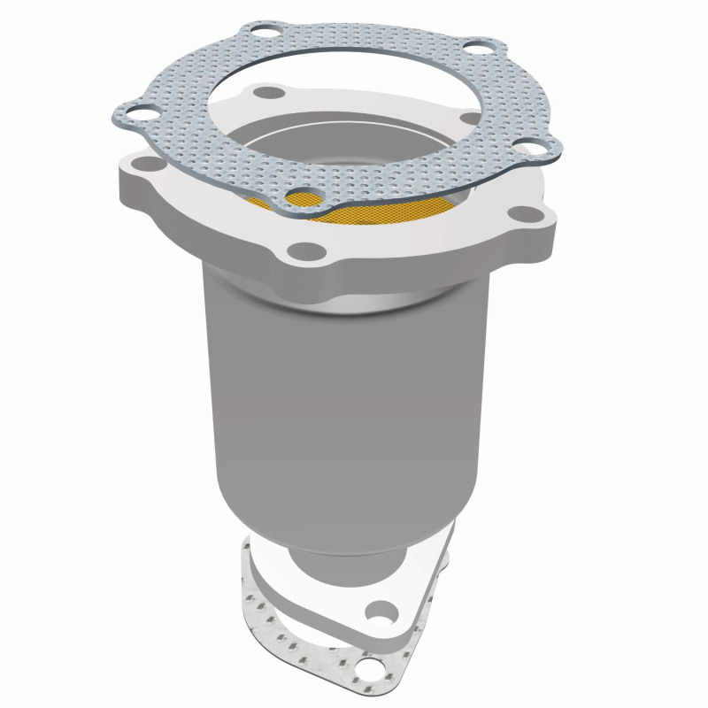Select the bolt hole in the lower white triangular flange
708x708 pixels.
pyautogui.click(x=382, y=610)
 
